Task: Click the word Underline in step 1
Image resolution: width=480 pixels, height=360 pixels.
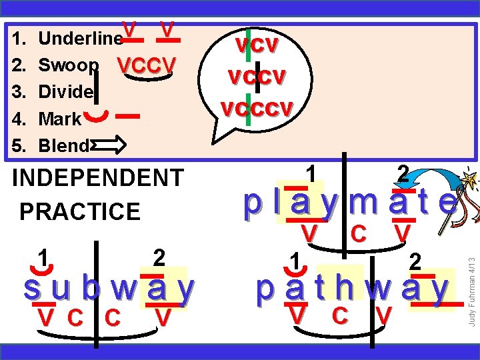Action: [80, 39]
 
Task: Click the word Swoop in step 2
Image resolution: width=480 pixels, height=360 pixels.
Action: [69, 65]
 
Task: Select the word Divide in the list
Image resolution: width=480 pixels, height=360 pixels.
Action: [65, 92]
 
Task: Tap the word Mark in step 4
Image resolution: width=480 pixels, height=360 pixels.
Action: [60, 119]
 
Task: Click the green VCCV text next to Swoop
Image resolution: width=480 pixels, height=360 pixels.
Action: [146, 65]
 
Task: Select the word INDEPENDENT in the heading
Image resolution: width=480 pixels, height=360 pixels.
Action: [98, 178]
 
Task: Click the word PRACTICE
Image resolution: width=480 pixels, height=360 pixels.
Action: [80, 211]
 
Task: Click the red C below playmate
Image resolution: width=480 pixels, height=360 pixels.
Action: [358, 234]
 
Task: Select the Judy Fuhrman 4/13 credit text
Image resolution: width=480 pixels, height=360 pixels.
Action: [471, 273]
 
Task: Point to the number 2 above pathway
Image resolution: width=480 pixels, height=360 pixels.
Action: [415, 261]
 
